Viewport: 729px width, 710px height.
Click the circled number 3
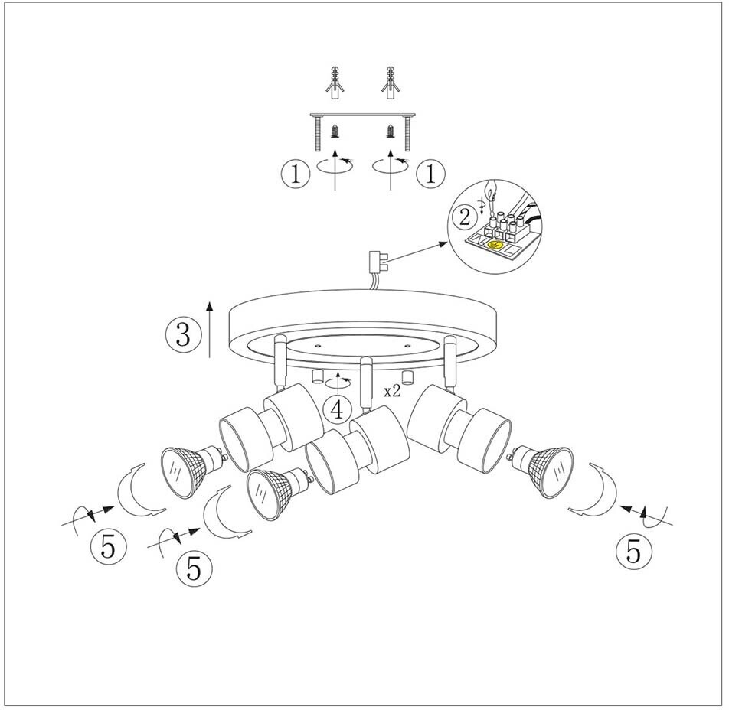coord(182,334)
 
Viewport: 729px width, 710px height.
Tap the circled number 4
coord(337,410)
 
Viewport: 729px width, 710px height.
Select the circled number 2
coord(462,217)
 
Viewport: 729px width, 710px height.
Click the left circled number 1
coord(295,174)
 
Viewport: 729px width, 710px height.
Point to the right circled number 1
coord(430,174)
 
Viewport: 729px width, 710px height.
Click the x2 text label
coord(392,391)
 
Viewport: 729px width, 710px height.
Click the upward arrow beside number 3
coord(210,329)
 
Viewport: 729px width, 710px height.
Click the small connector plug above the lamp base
coord(377,262)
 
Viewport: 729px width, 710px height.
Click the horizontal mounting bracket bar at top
coord(363,116)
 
